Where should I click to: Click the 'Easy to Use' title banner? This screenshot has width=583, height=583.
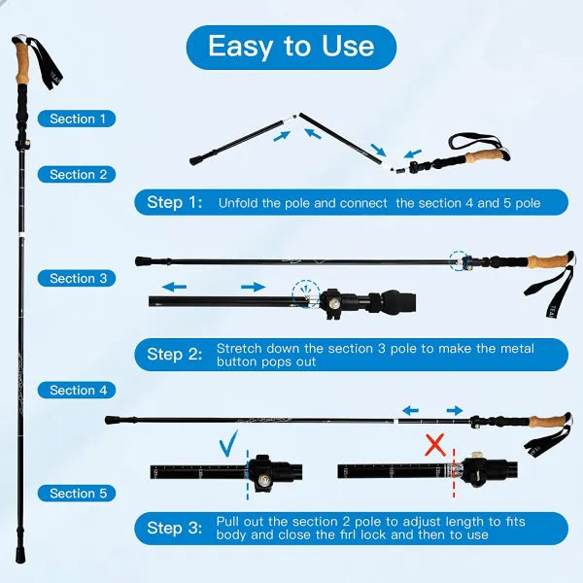291,47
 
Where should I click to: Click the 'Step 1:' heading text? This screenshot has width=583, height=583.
175,202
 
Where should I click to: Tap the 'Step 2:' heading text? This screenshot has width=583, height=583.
175,355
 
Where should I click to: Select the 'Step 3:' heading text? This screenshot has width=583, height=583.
175,528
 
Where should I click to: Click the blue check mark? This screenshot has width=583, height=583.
230,445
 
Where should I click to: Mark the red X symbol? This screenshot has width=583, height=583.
436,446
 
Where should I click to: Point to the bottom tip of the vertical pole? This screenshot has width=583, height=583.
19,558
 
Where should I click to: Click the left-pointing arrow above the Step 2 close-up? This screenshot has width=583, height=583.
176,288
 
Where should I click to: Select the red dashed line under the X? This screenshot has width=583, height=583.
454,470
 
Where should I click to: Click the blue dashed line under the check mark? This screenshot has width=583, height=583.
248,471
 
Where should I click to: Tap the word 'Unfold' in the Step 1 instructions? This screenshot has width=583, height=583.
238,203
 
